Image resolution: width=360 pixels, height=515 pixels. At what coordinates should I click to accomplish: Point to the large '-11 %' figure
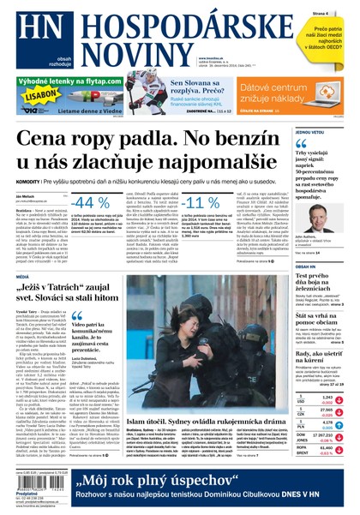click(x=201, y=202)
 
